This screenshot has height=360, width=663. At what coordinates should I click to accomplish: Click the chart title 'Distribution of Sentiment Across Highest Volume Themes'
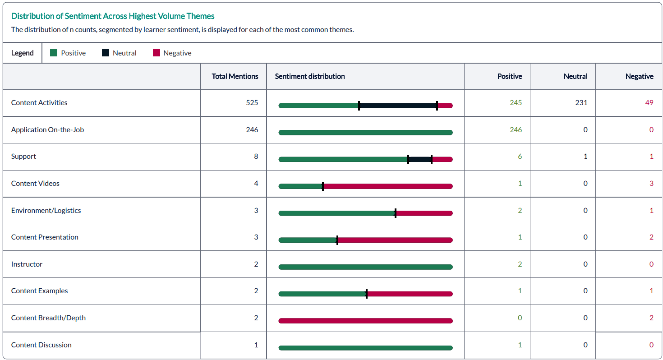[113, 16]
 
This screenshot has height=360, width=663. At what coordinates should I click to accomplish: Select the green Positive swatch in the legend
[54, 53]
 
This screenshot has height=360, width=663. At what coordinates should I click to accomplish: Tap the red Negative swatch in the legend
[156, 53]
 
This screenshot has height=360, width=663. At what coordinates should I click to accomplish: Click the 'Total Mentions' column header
[235, 76]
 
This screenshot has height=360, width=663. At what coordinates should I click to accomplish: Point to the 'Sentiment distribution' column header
[310, 76]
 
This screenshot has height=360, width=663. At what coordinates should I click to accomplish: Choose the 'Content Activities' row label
[39, 102]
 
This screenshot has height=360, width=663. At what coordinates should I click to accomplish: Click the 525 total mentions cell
[252, 102]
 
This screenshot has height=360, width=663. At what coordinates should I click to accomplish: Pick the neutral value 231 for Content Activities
[581, 102]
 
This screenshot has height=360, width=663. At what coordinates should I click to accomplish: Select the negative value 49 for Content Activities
[649, 102]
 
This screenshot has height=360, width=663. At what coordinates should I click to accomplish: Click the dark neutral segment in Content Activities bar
[398, 106]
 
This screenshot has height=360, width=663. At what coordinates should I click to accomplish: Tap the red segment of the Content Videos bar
[388, 186]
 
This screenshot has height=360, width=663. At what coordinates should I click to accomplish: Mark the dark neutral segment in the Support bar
[419, 159]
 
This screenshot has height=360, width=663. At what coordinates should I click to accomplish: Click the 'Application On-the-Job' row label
[47, 129]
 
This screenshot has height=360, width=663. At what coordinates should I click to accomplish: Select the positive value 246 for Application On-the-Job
[516, 129]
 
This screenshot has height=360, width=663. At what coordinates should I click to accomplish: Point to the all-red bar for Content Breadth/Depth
[365, 321]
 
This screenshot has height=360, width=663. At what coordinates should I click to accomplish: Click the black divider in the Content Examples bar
[367, 294]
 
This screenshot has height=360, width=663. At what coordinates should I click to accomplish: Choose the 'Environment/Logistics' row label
[46, 210]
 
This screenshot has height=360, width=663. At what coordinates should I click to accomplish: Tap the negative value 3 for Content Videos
[651, 183]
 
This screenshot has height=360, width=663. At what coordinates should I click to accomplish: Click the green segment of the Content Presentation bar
[308, 240]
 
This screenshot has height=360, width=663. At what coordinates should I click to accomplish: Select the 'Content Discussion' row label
[41, 345]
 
